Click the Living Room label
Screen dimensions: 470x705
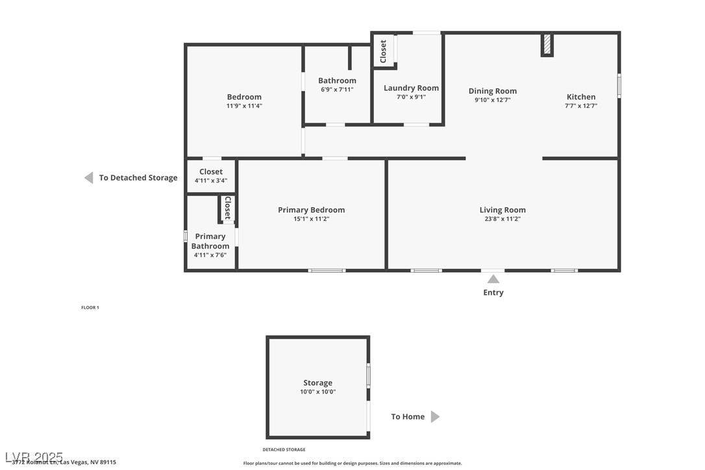click(502, 210)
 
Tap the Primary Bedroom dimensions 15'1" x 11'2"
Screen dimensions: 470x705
click(311, 219)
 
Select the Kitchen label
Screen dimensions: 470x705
click(581, 97)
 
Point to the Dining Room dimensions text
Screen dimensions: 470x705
click(492, 100)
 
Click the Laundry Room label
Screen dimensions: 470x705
click(411, 88)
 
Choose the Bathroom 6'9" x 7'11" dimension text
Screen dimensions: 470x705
click(337, 90)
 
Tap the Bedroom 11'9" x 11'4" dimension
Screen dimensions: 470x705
click(244, 106)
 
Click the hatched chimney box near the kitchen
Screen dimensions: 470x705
click(547, 45)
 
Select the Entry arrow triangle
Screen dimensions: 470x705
click(493, 279)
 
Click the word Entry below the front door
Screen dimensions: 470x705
click(493, 292)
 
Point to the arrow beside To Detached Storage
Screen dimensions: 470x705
click(88, 178)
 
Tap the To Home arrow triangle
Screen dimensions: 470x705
click(435, 417)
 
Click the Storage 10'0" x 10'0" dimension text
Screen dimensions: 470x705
click(317, 391)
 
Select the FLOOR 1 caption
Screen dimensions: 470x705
click(90, 307)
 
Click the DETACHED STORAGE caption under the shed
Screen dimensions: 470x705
click(284, 449)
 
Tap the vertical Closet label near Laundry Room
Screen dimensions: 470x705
click(383, 51)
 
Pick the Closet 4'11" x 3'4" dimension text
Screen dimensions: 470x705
click(211, 180)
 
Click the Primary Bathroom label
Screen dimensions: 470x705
click(210, 241)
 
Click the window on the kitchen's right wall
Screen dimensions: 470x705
click(619, 86)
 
